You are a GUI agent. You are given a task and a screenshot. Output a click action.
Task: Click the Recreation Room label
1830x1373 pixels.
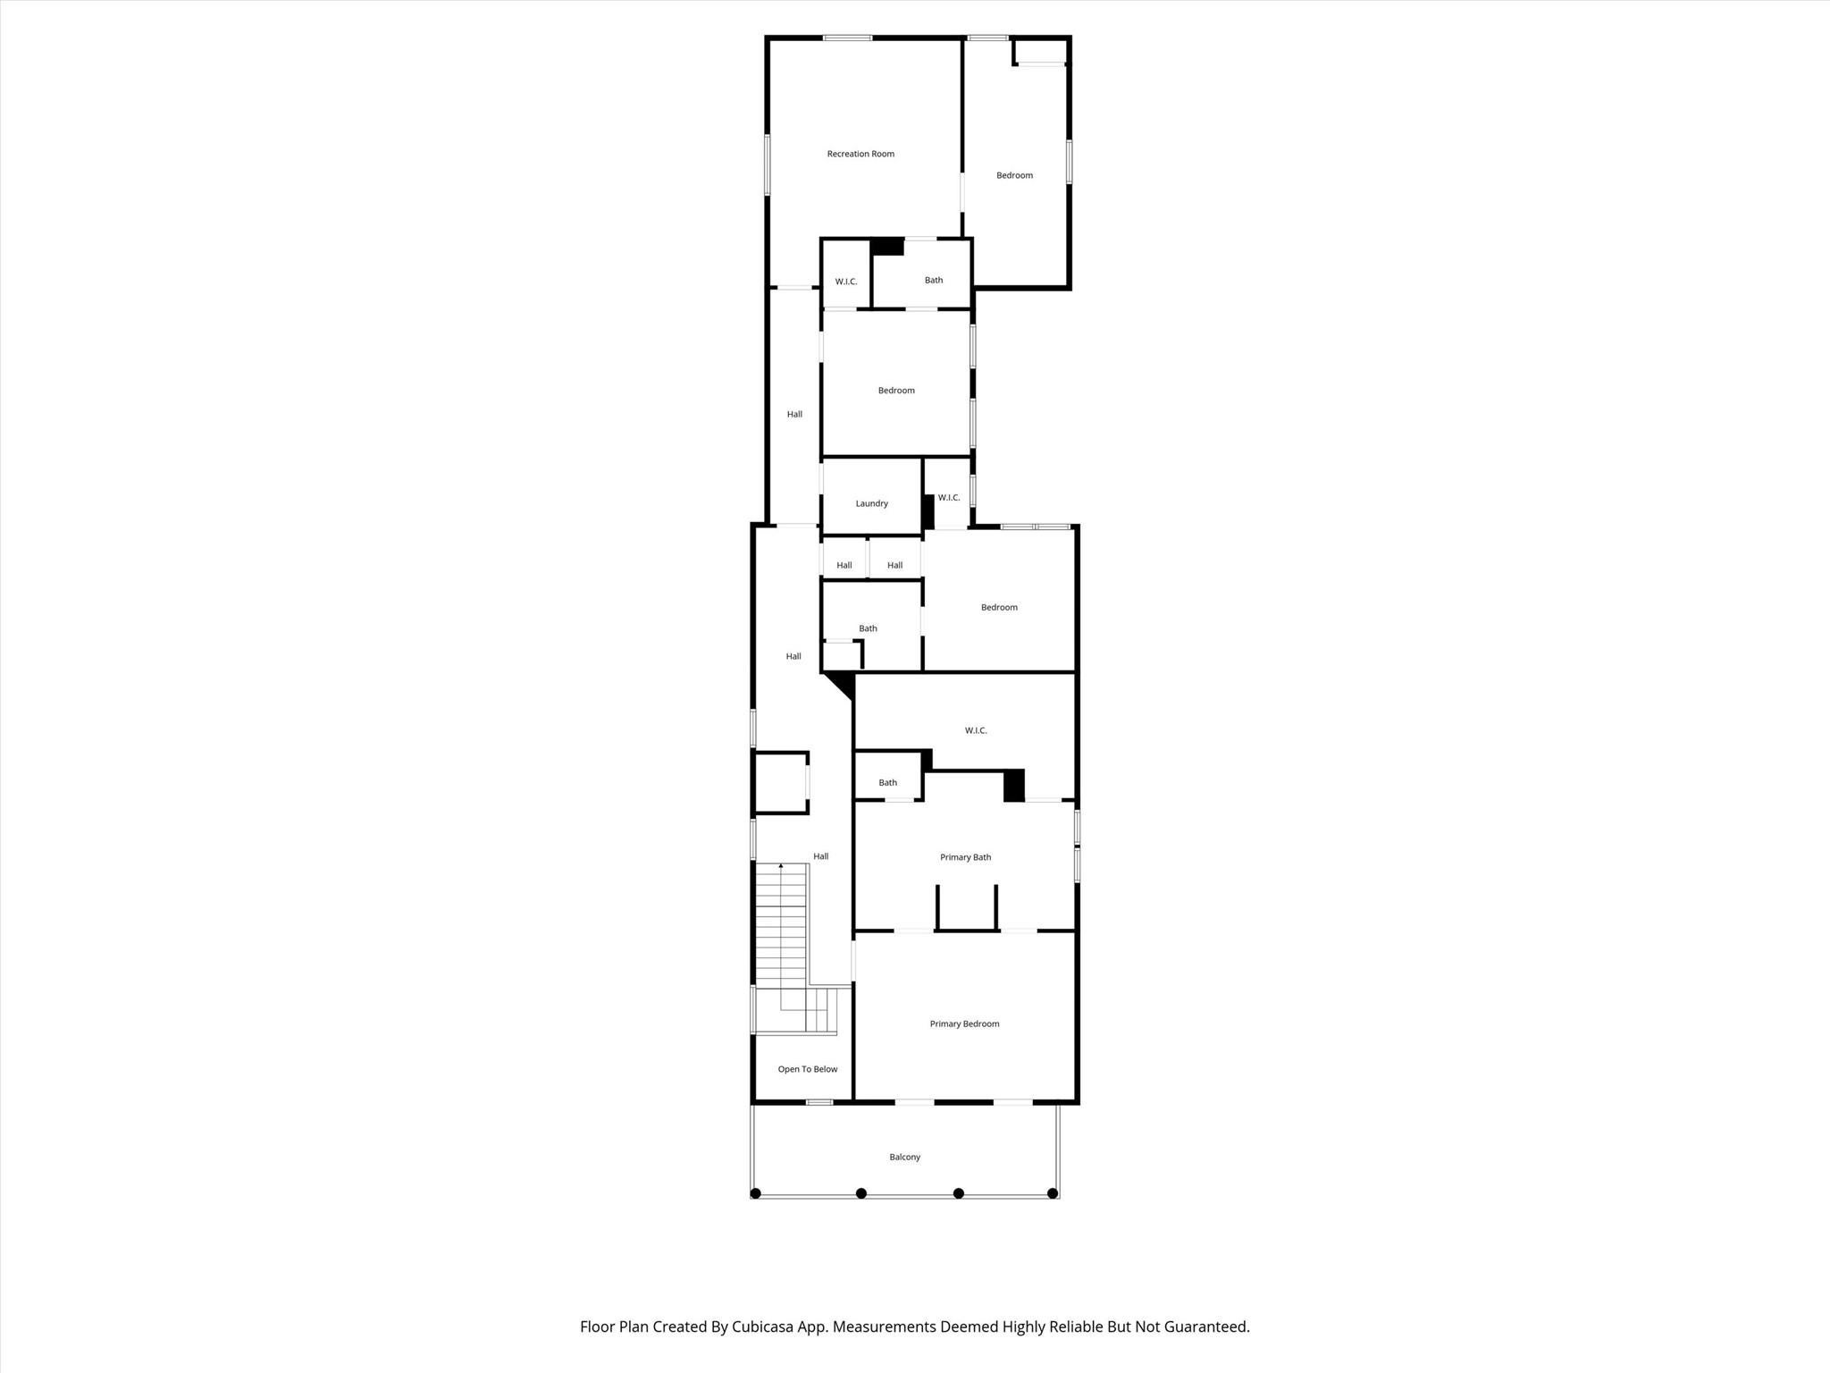click(860, 154)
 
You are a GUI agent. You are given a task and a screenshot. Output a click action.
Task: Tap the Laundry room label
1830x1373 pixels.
click(871, 503)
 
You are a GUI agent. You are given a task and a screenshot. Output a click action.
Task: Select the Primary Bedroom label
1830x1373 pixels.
click(964, 1023)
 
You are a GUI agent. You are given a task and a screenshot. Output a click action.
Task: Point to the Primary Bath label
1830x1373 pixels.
click(965, 857)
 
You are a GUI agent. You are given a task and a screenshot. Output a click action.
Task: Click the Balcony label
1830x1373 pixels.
click(904, 1157)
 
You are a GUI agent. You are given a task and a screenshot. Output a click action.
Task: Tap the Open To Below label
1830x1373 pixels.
click(807, 1069)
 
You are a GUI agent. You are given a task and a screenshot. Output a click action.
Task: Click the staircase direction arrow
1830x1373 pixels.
click(781, 866)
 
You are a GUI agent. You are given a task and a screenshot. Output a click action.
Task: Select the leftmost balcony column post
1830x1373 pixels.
click(755, 1193)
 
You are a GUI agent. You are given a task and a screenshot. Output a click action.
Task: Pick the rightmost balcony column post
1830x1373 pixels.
click(1053, 1193)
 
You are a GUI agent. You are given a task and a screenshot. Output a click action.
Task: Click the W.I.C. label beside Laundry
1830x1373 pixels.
click(949, 498)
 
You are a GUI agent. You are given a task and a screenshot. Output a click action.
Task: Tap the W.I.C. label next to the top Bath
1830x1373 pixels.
click(846, 282)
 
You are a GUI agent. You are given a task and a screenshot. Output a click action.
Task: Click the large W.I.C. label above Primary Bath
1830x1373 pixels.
click(976, 730)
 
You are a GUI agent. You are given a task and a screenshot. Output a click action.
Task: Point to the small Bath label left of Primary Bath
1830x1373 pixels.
click(887, 782)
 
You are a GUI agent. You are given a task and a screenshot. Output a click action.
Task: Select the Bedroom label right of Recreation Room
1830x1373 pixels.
click(1014, 175)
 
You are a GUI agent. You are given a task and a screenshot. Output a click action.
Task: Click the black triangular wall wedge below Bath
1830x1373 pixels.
click(841, 684)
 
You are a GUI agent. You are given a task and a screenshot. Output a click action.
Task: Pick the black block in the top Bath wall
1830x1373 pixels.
click(887, 246)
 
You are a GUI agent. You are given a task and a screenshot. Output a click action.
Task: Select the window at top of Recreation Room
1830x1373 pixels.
click(847, 38)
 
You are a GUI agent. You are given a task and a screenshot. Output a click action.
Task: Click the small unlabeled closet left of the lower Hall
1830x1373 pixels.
click(781, 783)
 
